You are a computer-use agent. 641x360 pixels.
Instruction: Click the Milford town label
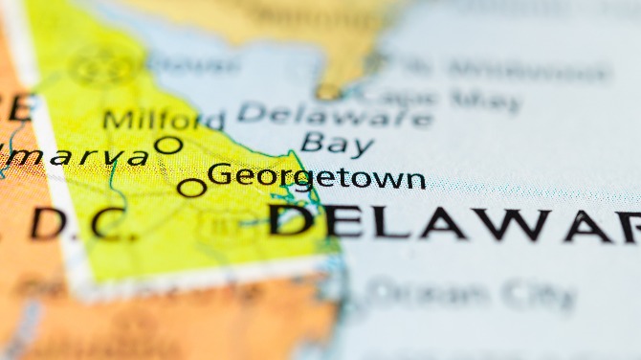pos(163,121)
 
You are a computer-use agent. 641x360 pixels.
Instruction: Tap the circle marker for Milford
pos(168,146)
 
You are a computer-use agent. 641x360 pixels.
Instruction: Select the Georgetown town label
pos(316,177)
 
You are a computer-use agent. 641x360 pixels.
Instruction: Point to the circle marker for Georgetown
pos(191,188)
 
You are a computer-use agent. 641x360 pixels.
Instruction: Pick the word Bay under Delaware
pos(336,145)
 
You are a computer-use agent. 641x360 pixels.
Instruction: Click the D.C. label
pos(77,224)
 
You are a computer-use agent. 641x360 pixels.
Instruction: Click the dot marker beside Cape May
pos(329,92)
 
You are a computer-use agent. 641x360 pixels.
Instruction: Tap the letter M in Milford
pos(115,122)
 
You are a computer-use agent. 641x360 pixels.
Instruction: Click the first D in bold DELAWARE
pos(289,221)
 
